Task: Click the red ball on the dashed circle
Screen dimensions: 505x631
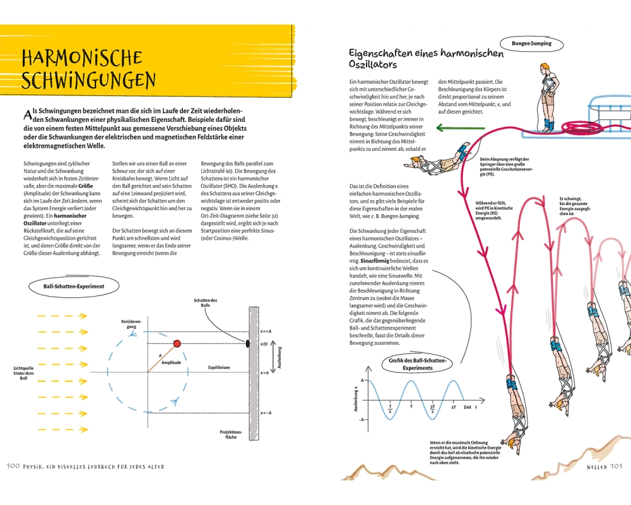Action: coord(177,343)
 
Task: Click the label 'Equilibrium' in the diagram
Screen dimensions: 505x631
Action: coord(219,367)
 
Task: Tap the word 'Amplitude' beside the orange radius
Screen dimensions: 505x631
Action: coord(171,362)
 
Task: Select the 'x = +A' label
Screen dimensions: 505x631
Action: coord(265,331)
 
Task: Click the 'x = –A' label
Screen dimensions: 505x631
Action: coord(266,413)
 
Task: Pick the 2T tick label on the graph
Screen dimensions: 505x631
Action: coord(454,407)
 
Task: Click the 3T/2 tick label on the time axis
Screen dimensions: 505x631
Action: coord(432,408)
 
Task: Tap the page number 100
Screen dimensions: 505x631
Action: coord(14,466)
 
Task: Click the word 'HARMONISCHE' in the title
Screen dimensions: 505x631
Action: coord(82,59)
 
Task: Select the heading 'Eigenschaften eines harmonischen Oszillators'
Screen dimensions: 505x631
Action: coord(426,58)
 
